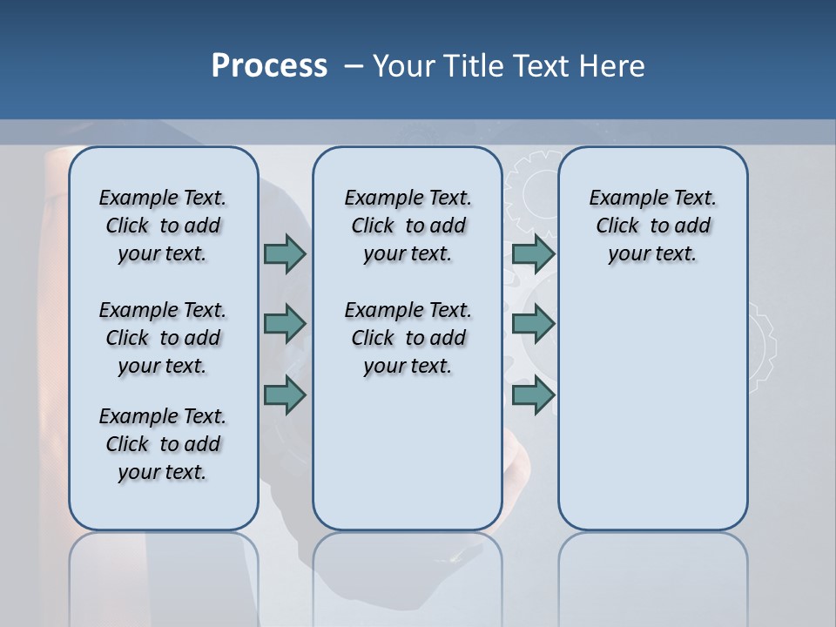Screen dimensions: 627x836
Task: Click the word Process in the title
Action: [269, 65]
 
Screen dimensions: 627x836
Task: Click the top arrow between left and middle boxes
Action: [285, 253]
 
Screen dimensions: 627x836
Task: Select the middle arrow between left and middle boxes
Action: [285, 324]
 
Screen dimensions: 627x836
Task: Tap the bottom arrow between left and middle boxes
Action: [285, 395]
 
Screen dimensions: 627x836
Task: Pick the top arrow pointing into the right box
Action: [533, 253]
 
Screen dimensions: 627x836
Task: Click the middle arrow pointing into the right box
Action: [533, 324]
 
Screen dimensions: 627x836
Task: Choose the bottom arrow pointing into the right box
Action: [533, 395]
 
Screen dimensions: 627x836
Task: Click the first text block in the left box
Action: [163, 226]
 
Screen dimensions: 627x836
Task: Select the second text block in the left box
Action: [163, 338]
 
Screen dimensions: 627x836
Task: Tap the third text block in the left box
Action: [163, 444]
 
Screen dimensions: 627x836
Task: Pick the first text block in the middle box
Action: [408, 226]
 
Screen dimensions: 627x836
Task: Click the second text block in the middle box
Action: [408, 338]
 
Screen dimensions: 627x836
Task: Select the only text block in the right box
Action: [652, 226]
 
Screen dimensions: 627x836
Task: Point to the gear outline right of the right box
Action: [761, 344]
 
